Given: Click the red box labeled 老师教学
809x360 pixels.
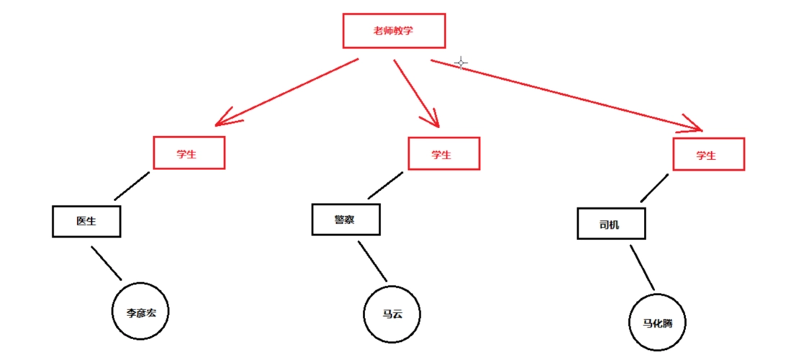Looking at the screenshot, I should [394, 30].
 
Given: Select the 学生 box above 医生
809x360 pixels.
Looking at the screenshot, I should [189, 153].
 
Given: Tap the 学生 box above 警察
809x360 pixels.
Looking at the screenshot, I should [443, 153].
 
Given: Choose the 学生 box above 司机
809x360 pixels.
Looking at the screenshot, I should [708, 154].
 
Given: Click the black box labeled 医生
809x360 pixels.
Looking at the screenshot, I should [86, 221].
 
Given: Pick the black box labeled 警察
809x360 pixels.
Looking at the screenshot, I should [345, 219].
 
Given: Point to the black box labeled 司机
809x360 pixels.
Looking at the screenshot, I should [611, 223].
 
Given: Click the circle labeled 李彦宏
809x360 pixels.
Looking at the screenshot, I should [141, 313].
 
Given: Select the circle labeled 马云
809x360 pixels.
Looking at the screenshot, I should [392, 314].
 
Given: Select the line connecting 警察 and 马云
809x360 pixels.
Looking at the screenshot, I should [373, 261].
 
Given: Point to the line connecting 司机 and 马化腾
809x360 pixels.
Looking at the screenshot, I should [642, 267].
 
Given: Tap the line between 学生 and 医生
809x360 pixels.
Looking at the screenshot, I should [132, 185].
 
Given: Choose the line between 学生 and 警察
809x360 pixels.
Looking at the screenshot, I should [387, 185].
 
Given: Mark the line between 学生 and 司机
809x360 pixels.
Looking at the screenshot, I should [655, 188].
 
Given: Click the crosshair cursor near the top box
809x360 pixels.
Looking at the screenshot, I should [461, 63].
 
